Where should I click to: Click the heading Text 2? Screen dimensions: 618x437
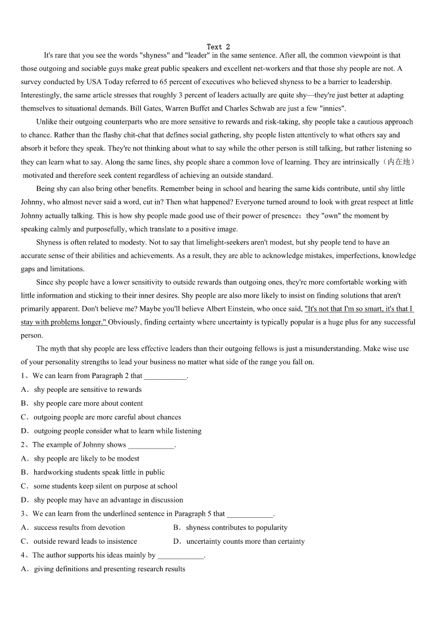(218, 47)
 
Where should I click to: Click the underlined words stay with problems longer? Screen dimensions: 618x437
(63, 322)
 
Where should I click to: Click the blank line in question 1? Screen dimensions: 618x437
(165, 376)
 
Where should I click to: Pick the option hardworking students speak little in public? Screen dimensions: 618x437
(99, 473)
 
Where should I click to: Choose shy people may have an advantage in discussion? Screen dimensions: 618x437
(108, 500)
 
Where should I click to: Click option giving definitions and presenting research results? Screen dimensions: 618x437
(109, 569)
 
